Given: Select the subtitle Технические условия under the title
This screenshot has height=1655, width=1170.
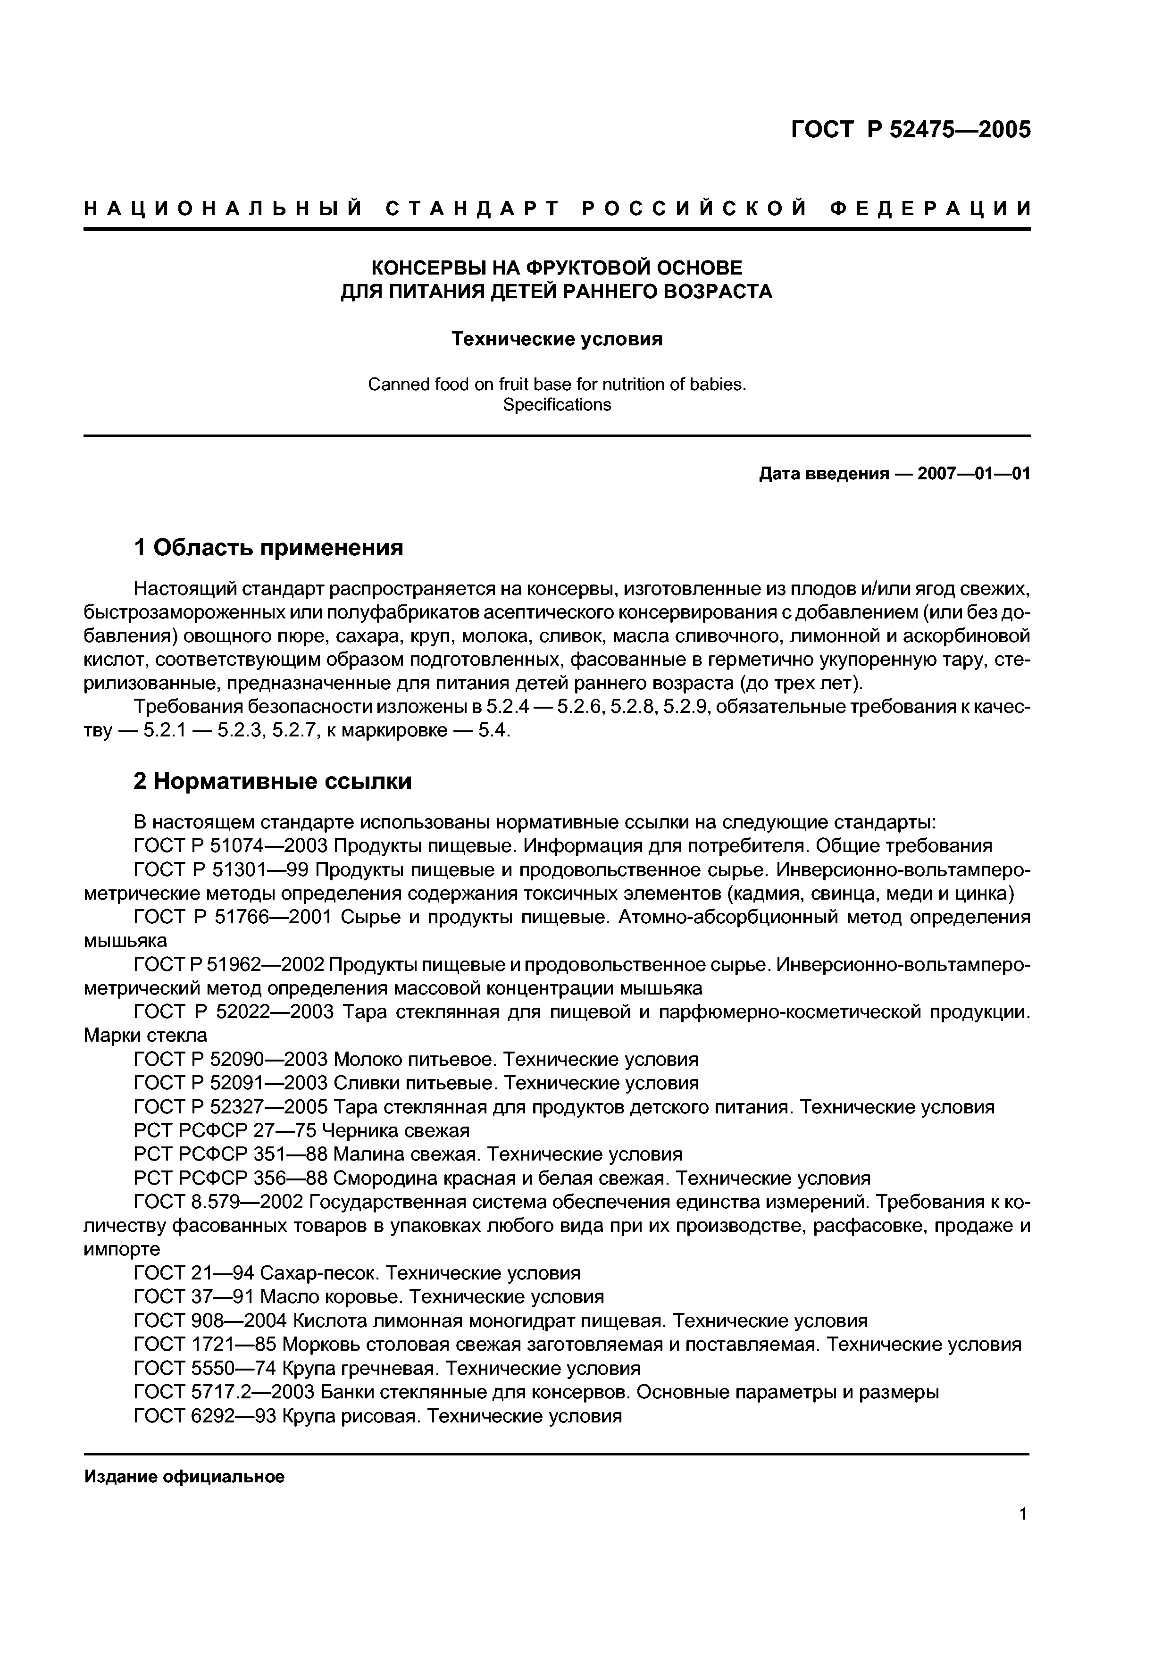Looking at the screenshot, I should pos(557,339).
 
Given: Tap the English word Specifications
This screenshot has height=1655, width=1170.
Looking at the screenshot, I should pos(557,405).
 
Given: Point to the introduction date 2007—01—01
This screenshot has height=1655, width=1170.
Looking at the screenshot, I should pos(973,474).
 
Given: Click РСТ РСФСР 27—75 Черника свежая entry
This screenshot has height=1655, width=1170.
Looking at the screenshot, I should pos(301,1130).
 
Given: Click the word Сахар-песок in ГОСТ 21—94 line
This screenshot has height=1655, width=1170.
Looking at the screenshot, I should pos(320,1273).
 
